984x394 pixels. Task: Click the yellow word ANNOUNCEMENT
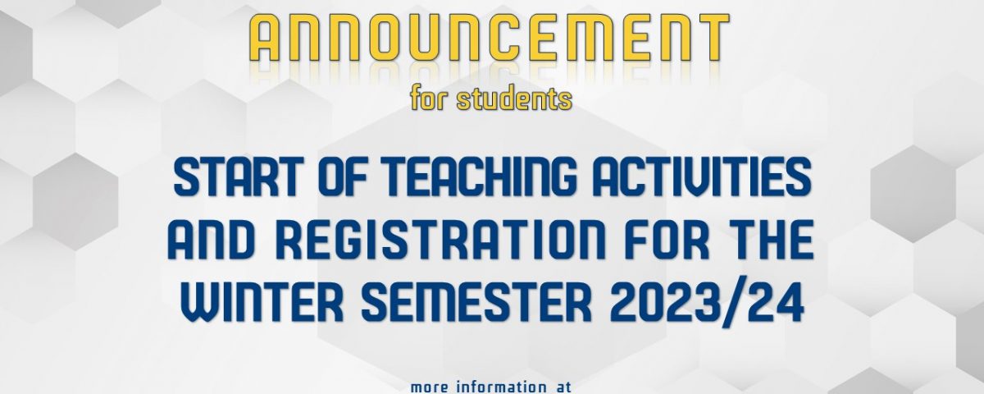(x=489, y=39)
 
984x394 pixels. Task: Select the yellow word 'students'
(x=514, y=98)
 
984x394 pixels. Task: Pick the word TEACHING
(x=481, y=176)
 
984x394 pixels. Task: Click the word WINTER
(x=262, y=304)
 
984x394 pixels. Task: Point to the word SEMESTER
(x=476, y=304)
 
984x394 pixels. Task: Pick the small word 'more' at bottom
(x=430, y=387)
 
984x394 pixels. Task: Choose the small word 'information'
(x=499, y=387)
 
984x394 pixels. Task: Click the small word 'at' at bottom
(x=562, y=387)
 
